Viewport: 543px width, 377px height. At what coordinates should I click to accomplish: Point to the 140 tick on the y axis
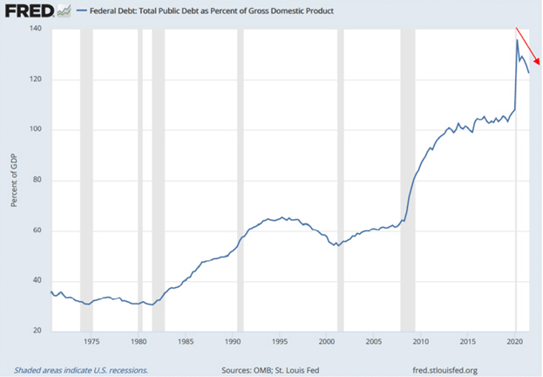point(35,29)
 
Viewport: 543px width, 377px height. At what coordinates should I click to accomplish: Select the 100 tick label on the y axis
point(35,130)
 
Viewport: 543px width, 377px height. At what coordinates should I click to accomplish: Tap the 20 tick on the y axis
point(37,332)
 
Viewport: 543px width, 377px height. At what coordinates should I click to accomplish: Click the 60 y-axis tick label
point(37,231)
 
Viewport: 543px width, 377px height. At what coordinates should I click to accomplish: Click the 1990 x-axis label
point(233,342)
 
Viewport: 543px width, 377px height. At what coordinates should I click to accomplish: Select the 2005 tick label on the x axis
point(373,342)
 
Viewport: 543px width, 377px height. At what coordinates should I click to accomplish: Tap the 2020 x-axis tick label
point(513,342)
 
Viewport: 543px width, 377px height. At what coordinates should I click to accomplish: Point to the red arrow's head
point(540,62)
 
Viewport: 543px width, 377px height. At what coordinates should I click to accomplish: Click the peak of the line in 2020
point(517,39)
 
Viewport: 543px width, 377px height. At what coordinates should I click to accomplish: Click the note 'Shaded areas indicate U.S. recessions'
point(81,369)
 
